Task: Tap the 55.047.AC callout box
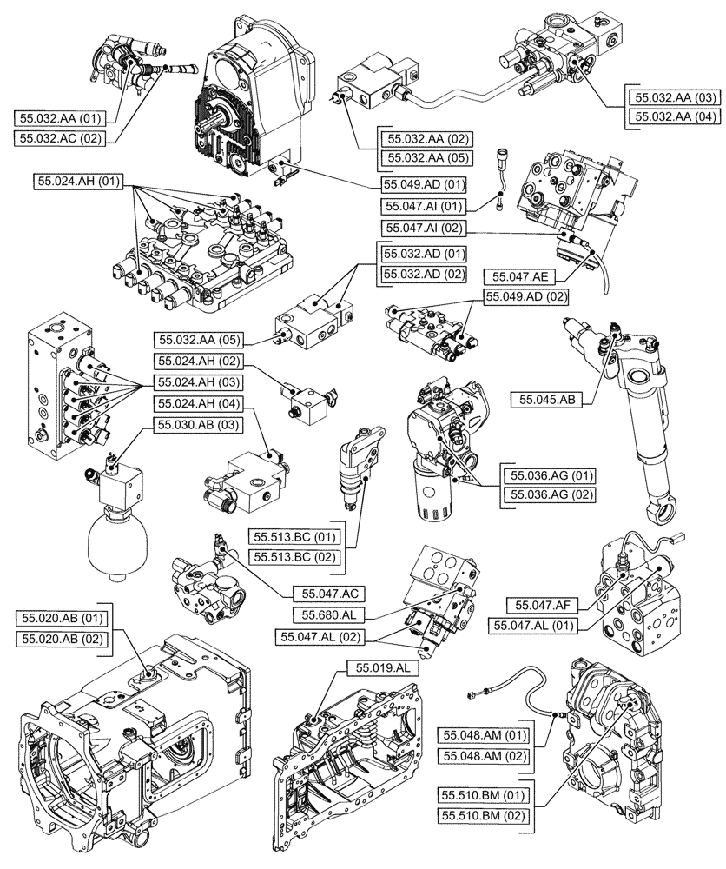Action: (x=324, y=593)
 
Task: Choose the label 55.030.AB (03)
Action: (x=197, y=424)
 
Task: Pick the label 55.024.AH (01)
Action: (x=81, y=182)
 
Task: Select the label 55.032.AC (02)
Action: (x=59, y=136)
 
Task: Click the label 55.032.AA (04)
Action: (x=673, y=116)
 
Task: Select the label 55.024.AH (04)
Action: (x=197, y=402)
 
